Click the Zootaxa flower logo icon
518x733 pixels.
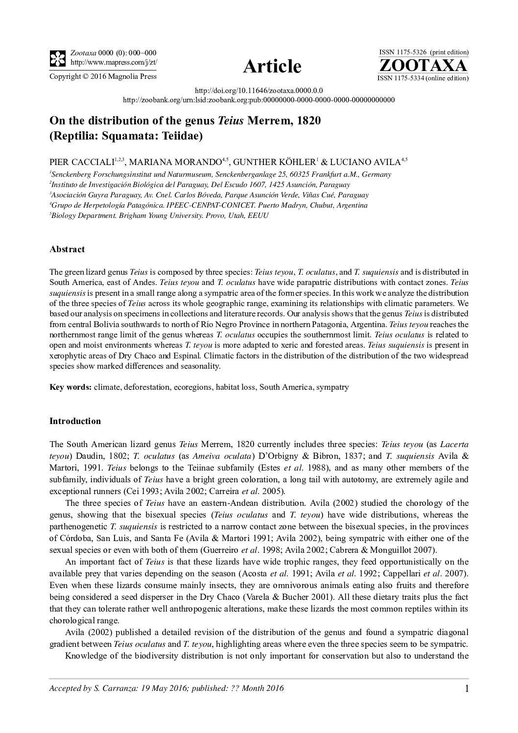(x=58, y=58)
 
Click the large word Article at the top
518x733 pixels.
(x=272, y=66)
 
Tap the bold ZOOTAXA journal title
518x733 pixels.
(x=423, y=66)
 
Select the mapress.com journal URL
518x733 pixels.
(x=114, y=62)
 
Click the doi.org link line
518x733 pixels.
(x=259, y=91)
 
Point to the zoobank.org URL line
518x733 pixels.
(x=259, y=100)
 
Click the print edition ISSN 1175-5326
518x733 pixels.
(x=403, y=52)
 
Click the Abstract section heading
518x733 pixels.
(x=67, y=249)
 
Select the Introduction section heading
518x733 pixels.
(x=75, y=421)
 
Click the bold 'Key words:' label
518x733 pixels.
(x=71, y=387)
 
